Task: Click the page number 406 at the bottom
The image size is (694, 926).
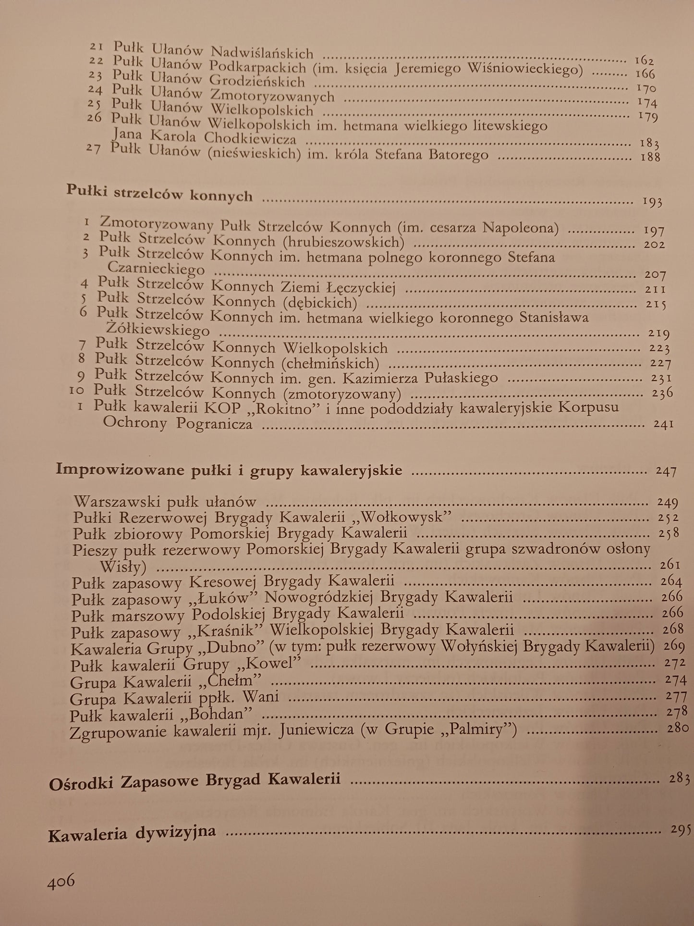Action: tap(61, 881)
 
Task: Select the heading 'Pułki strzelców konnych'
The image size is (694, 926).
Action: tap(159, 194)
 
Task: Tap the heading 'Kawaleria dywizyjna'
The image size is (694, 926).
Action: tap(132, 833)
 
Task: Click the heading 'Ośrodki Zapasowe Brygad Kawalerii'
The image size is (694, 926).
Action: tap(195, 779)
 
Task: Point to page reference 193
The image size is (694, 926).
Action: tap(652, 202)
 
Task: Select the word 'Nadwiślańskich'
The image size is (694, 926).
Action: tap(262, 52)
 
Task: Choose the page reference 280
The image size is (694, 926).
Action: tap(678, 728)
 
